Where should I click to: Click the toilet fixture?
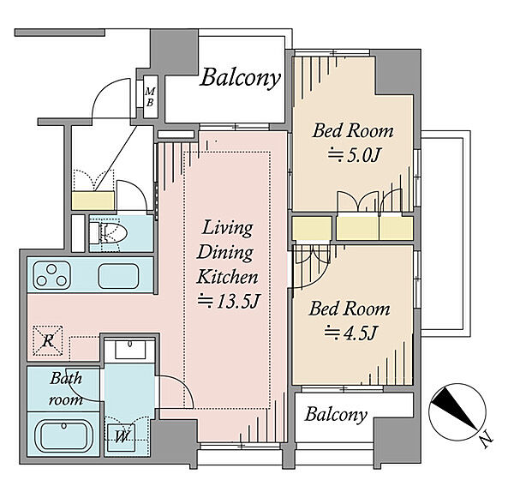click(108, 232)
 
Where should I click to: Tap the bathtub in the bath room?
click(65, 436)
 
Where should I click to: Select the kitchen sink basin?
click(118, 276)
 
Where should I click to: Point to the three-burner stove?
click(51, 275)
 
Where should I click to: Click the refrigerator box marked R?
click(48, 340)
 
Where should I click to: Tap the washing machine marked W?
click(122, 437)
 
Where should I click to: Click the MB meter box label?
click(150, 97)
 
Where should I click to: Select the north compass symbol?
click(457, 412)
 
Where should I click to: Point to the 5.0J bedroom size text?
click(354, 155)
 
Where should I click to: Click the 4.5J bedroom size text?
click(350, 333)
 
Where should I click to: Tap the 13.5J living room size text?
click(229, 302)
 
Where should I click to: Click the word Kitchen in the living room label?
click(227, 277)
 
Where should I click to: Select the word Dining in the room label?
click(225, 253)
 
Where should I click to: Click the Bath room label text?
click(66, 389)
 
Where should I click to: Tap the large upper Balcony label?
click(240, 78)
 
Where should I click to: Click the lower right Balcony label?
click(336, 415)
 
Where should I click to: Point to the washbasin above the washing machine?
click(130, 350)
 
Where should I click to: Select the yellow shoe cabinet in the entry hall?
click(93, 201)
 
